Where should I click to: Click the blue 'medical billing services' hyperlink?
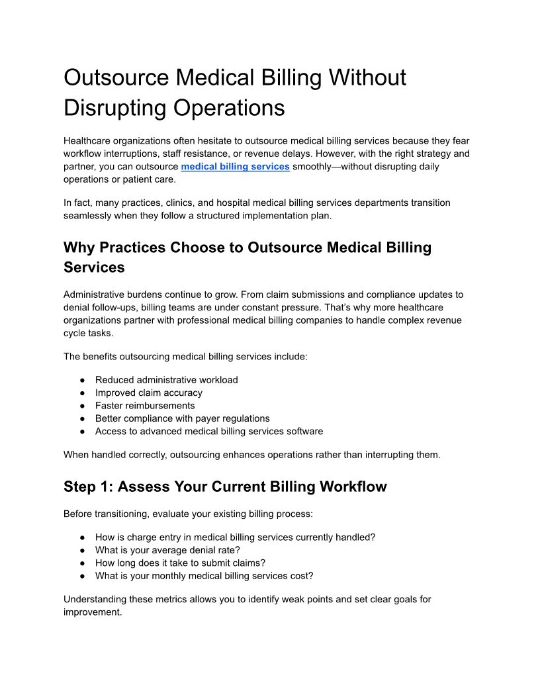pyautogui.click(x=235, y=166)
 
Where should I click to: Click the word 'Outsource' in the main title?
pyautogui.click(x=116, y=77)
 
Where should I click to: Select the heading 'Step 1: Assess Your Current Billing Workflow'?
pyautogui.click(x=225, y=487)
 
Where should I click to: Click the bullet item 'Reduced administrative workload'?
pyautogui.click(x=166, y=380)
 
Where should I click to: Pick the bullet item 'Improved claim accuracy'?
pyautogui.click(x=149, y=393)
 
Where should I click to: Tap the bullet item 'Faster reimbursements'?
pyautogui.click(x=145, y=405)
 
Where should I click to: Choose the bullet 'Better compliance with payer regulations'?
pyautogui.click(x=182, y=418)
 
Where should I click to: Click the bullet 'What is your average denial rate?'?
pyautogui.click(x=167, y=550)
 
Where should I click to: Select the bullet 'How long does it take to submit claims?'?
pyautogui.click(x=180, y=563)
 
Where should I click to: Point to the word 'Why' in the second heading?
pyautogui.click(x=79, y=248)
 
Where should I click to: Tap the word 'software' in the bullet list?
pyautogui.click(x=304, y=431)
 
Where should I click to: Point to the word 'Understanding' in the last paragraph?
pyautogui.click(x=95, y=599)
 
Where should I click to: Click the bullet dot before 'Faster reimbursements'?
pyautogui.click(x=82, y=405)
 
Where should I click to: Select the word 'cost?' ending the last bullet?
pyautogui.click(x=301, y=576)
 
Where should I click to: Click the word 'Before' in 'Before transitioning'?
pyautogui.click(x=78, y=514)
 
